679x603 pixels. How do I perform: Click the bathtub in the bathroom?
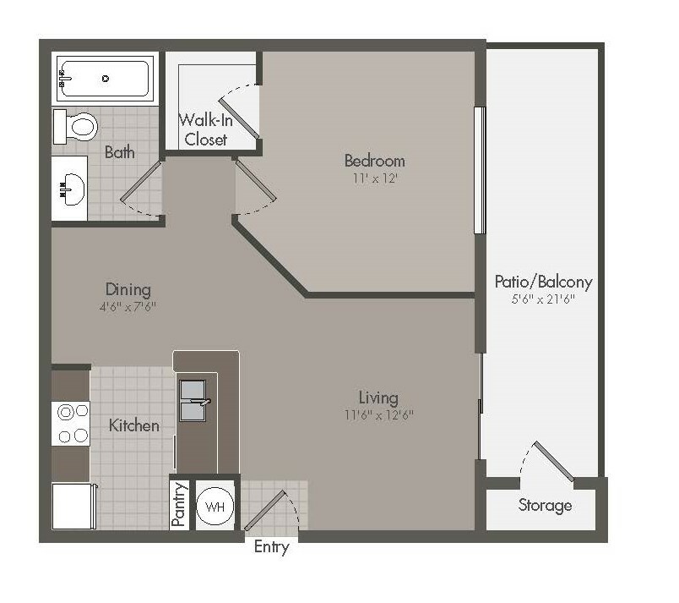click(x=105, y=79)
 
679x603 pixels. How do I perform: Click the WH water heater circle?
click(x=215, y=506)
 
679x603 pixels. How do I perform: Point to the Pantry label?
click(x=179, y=505)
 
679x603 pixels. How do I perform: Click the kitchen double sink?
click(x=193, y=401)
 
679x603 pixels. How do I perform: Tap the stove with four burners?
click(x=71, y=424)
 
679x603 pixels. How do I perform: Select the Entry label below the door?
click(x=271, y=547)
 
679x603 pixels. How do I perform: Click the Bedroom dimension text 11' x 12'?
click(x=375, y=178)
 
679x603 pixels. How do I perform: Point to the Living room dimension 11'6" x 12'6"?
click(x=379, y=415)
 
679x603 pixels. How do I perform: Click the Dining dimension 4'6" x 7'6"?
click(x=128, y=307)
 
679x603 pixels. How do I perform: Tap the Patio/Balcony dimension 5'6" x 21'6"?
click(x=543, y=299)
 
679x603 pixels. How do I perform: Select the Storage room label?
click(x=546, y=505)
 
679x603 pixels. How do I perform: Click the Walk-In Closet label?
click(x=206, y=129)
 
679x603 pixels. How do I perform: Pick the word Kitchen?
click(x=133, y=425)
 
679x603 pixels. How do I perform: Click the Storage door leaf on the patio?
click(x=554, y=461)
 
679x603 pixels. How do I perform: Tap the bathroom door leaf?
click(x=141, y=181)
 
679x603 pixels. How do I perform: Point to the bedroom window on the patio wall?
click(x=480, y=170)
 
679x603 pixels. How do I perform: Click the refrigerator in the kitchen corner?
click(x=73, y=506)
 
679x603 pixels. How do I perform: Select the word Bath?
click(x=120, y=152)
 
